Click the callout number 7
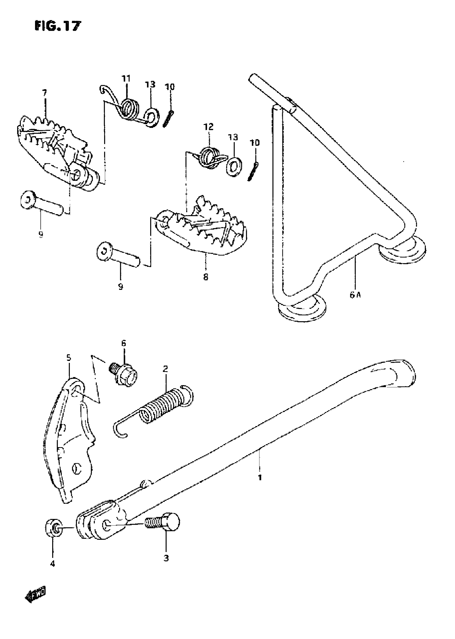tap(44, 93)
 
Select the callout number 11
tap(126, 79)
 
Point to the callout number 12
tap(208, 127)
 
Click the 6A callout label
tap(355, 295)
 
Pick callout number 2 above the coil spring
tap(165, 369)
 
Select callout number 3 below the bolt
tap(166, 558)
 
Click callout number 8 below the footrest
tap(206, 277)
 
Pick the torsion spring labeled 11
tap(127, 109)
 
